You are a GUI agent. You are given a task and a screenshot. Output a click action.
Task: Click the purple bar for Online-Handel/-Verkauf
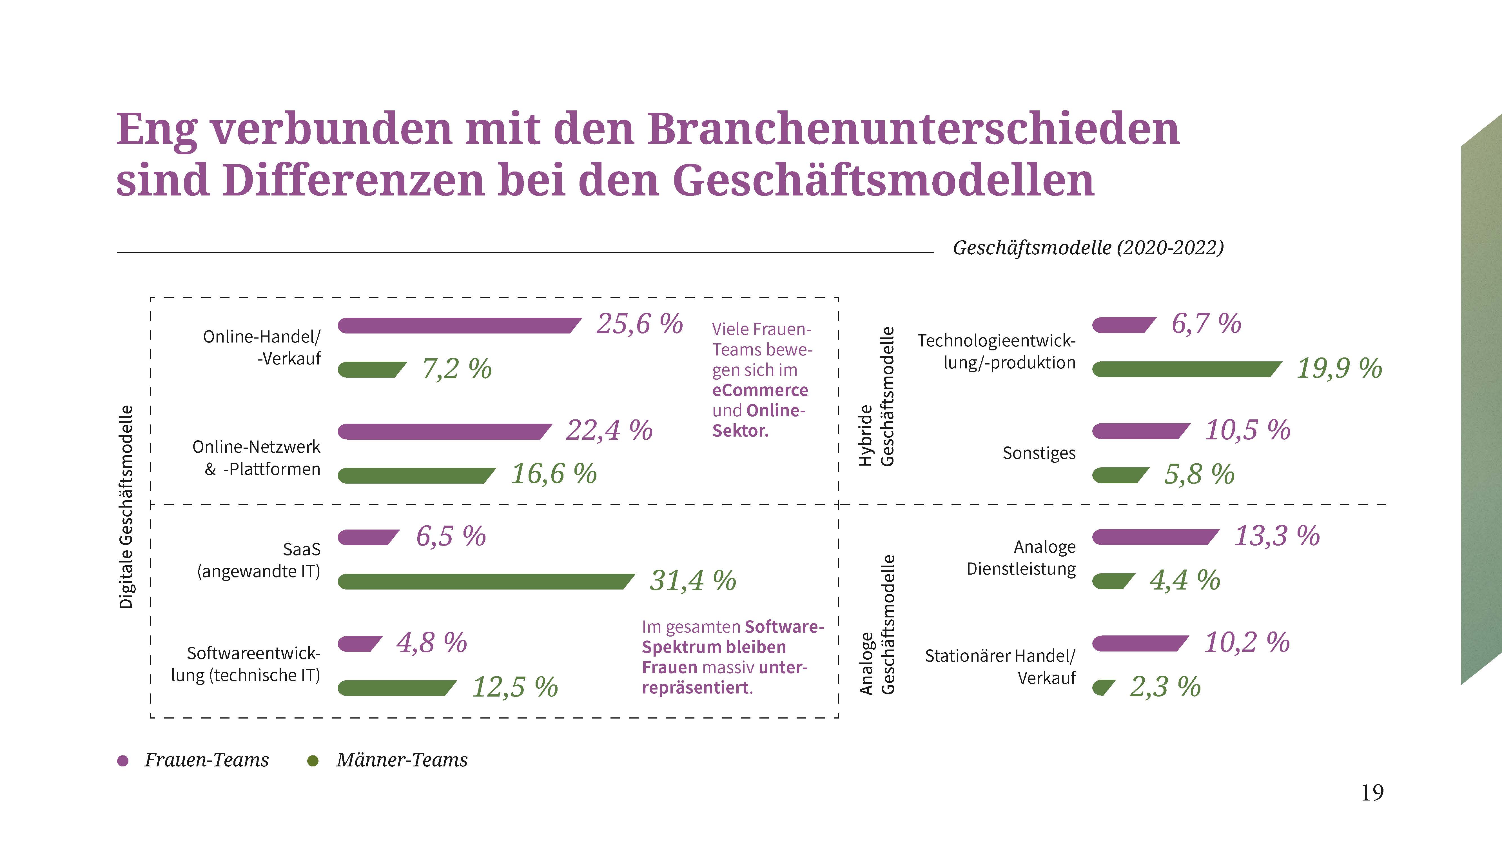[x=458, y=325]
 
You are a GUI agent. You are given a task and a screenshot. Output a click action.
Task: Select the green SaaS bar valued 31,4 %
[x=484, y=581]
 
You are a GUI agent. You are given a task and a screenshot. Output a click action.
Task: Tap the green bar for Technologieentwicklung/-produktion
[x=1184, y=369]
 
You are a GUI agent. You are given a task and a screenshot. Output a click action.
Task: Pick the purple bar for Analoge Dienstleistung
[x=1153, y=537]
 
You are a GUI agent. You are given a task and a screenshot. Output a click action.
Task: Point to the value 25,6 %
[x=639, y=324]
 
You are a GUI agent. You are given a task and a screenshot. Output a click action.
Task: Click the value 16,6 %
[x=554, y=473]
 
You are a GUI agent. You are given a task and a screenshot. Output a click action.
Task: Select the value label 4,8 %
[x=431, y=643]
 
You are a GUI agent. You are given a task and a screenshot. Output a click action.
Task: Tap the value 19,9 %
[x=1339, y=368]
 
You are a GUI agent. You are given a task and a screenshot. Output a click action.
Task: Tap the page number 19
[x=1372, y=793]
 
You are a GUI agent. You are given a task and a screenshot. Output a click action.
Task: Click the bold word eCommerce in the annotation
[x=760, y=390]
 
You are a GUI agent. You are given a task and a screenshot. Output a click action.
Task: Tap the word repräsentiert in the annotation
[x=696, y=688]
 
